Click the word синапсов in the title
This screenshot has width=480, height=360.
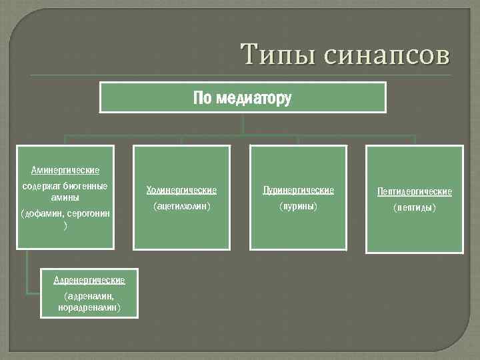click(387, 55)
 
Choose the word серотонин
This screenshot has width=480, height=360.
click(89, 213)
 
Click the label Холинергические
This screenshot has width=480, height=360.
click(182, 191)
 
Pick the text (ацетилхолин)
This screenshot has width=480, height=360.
click(182, 207)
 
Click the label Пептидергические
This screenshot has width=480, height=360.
click(415, 192)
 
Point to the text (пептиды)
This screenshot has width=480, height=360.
click(415, 208)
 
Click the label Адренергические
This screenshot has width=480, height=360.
click(89, 280)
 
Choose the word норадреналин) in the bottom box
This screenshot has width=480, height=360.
click(89, 307)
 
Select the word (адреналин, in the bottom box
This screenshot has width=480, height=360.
click(89, 295)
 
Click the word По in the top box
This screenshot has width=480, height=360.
click(201, 99)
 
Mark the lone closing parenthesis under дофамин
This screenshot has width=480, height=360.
click(65, 226)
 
